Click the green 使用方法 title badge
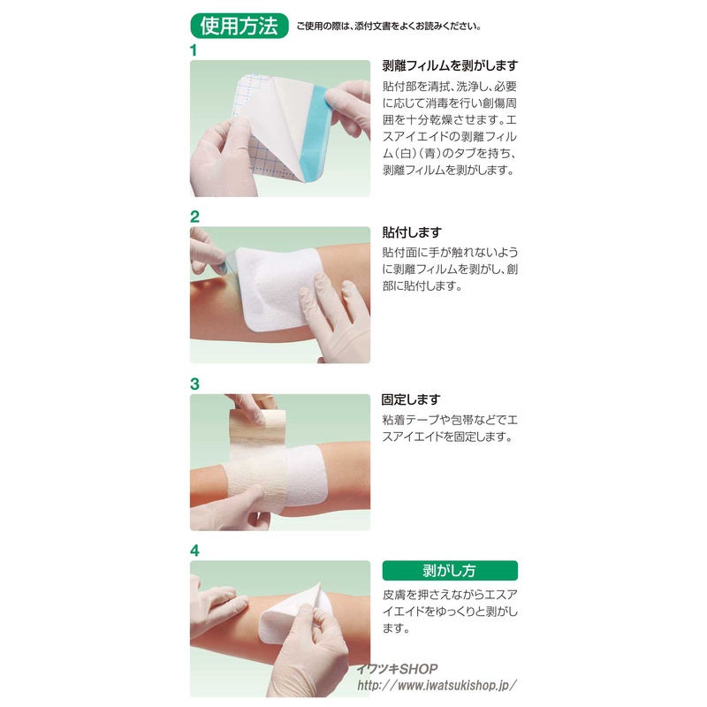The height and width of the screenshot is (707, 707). click(239, 26)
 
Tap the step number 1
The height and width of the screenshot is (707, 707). click(194, 50)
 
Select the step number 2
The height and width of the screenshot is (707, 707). click(194, 217)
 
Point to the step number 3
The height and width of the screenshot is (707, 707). click(194, 384)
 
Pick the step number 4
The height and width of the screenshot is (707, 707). click(194, 551)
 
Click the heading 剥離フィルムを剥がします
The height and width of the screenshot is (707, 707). click(450, 65)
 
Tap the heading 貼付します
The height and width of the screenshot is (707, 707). click(412, 232)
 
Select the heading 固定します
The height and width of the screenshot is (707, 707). click(411, 399)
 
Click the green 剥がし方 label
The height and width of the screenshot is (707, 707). click(450, 570)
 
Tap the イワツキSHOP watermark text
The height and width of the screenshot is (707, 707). click(397, 669)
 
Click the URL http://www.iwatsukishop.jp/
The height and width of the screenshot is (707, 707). click(437, 686)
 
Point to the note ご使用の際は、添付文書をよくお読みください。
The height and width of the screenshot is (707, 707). click(389, 27)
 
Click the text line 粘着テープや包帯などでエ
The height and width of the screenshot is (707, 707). click(450, 421)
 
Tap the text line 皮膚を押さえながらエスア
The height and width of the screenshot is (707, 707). click(450, 595)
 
